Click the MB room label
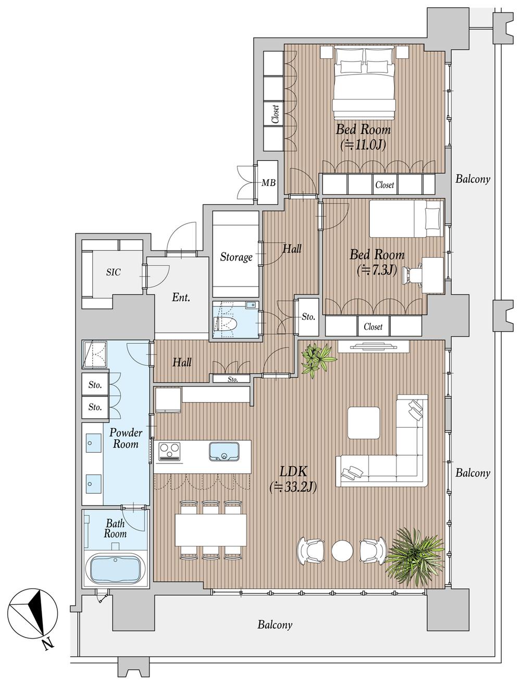point(268,182)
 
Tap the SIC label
point(113,272)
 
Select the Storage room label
point(236,257)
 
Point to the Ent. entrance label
point(181,297)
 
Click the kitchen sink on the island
point(225,452)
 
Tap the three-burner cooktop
point(170,452)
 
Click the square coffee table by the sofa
point(364,423)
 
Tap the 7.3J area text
point(377,270)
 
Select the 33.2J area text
point(293,487)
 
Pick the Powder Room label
point(126,438)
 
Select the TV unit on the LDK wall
point(374,346)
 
